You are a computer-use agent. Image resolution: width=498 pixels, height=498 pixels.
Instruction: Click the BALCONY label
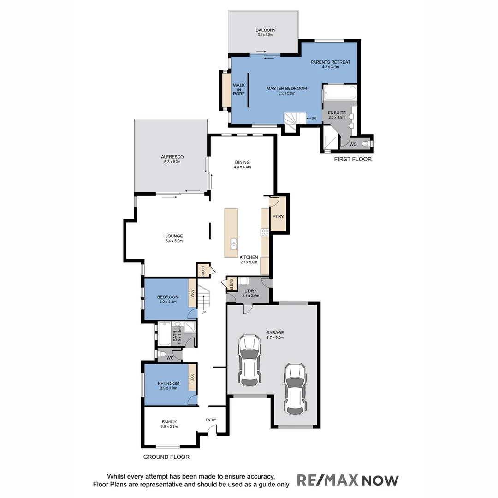tap(266, 30)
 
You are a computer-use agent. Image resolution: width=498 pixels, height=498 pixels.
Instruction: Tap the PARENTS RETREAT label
tap(330, 62)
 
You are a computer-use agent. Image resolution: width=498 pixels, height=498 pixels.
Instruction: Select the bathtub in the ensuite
tap(340, 94)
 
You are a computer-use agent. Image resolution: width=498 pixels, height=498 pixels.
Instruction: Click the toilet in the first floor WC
tap(366, 144)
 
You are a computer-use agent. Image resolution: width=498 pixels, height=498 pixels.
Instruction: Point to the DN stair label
tap(314, 119)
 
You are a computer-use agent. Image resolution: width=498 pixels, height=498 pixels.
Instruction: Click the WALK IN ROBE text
tap(238, 89)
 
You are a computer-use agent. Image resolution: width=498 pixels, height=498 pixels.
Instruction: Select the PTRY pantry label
tap(278, 216)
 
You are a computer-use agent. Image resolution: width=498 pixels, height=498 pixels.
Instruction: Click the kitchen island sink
tap(234, 243)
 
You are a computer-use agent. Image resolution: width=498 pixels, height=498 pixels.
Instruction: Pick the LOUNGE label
tap(174, 236)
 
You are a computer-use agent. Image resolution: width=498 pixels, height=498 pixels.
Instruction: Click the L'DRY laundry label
tap(251, 290)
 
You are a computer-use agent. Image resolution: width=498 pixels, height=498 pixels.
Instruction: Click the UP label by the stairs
tap(203, 312)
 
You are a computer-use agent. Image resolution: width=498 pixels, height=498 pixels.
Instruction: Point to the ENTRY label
tap(211, 420)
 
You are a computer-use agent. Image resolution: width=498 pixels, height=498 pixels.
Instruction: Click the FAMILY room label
tap(169, 421)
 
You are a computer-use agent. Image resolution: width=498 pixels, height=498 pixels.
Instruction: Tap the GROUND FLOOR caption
tap(166, 457)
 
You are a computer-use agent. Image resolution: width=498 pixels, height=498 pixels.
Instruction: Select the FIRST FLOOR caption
tap(353, 159)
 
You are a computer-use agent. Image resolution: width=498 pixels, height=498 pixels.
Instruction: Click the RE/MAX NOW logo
tap(347, 480)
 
